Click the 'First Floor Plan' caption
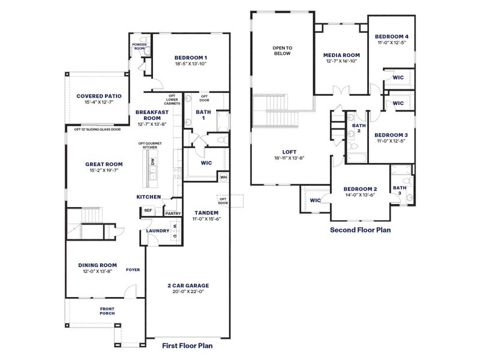pos(188,346)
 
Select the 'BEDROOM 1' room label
pos(191,57)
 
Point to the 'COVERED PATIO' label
pos(99,96)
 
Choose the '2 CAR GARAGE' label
pos(188,286)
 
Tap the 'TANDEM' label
pos(206,212)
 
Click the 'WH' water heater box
pos(223,177)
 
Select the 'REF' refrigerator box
pos(148,211)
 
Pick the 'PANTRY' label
pos(173,213)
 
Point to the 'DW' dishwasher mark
pos(153,162)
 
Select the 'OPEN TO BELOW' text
pos(281,50)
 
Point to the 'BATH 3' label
pos(400,190)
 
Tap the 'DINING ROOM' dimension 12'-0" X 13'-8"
pos(97,272)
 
